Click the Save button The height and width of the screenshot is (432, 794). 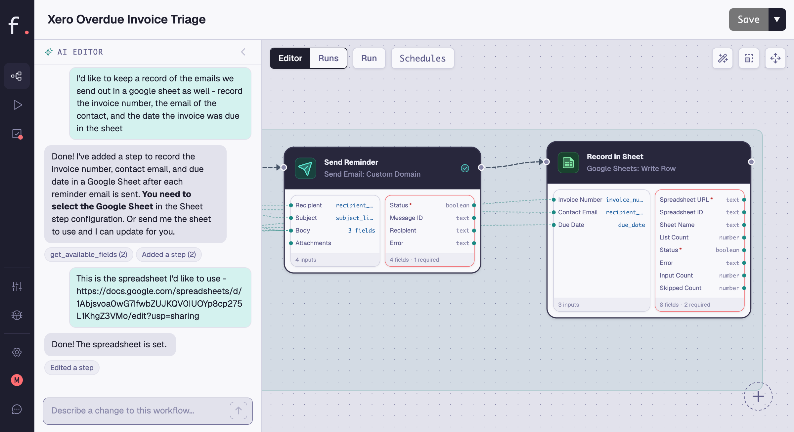[748, 20]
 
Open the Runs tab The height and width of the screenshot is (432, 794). [328, 58]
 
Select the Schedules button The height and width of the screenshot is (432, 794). [422, 58]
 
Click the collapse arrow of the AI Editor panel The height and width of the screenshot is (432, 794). [243, 52]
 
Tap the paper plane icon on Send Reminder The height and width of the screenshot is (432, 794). [305, 168]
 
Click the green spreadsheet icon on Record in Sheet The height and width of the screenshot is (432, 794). [568, 162]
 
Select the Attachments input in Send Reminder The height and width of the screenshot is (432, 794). [313, 243]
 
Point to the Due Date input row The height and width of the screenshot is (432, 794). [599, 225]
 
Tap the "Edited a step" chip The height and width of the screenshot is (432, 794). [72, 367]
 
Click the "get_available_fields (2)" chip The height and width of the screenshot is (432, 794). [89, 254]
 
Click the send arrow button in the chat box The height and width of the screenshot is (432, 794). [238, 410]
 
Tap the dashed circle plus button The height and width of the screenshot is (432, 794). [758, 396]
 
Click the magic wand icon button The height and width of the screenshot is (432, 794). [723, 58]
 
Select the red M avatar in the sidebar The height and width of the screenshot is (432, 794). [17, 380]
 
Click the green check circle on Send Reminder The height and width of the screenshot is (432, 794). [465, 168]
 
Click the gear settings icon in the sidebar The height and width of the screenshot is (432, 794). [17, 352]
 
